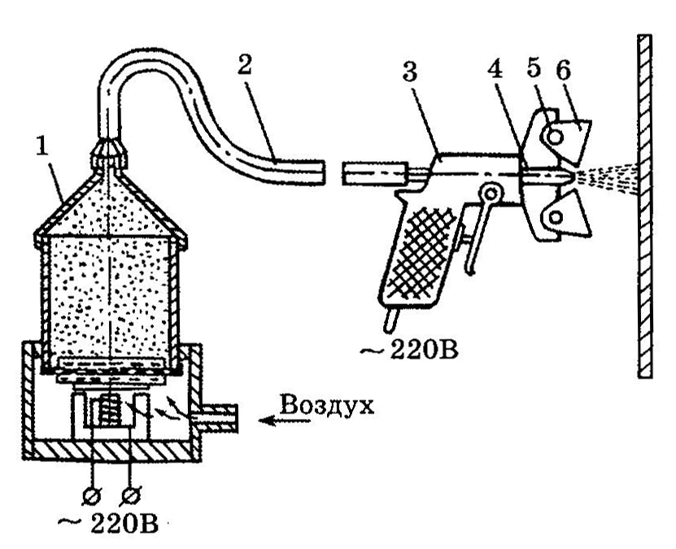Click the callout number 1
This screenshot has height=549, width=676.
click(42, 147)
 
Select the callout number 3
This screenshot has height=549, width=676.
click(409, 71)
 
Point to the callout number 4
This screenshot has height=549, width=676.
click(495, 68)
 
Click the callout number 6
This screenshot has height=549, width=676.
click(563, 69)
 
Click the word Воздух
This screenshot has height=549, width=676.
click(327, 406)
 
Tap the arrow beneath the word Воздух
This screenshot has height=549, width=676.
click(284, 421)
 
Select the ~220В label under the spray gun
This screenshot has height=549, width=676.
click(408, 351)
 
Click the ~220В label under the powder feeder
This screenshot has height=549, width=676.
click(107, 524)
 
